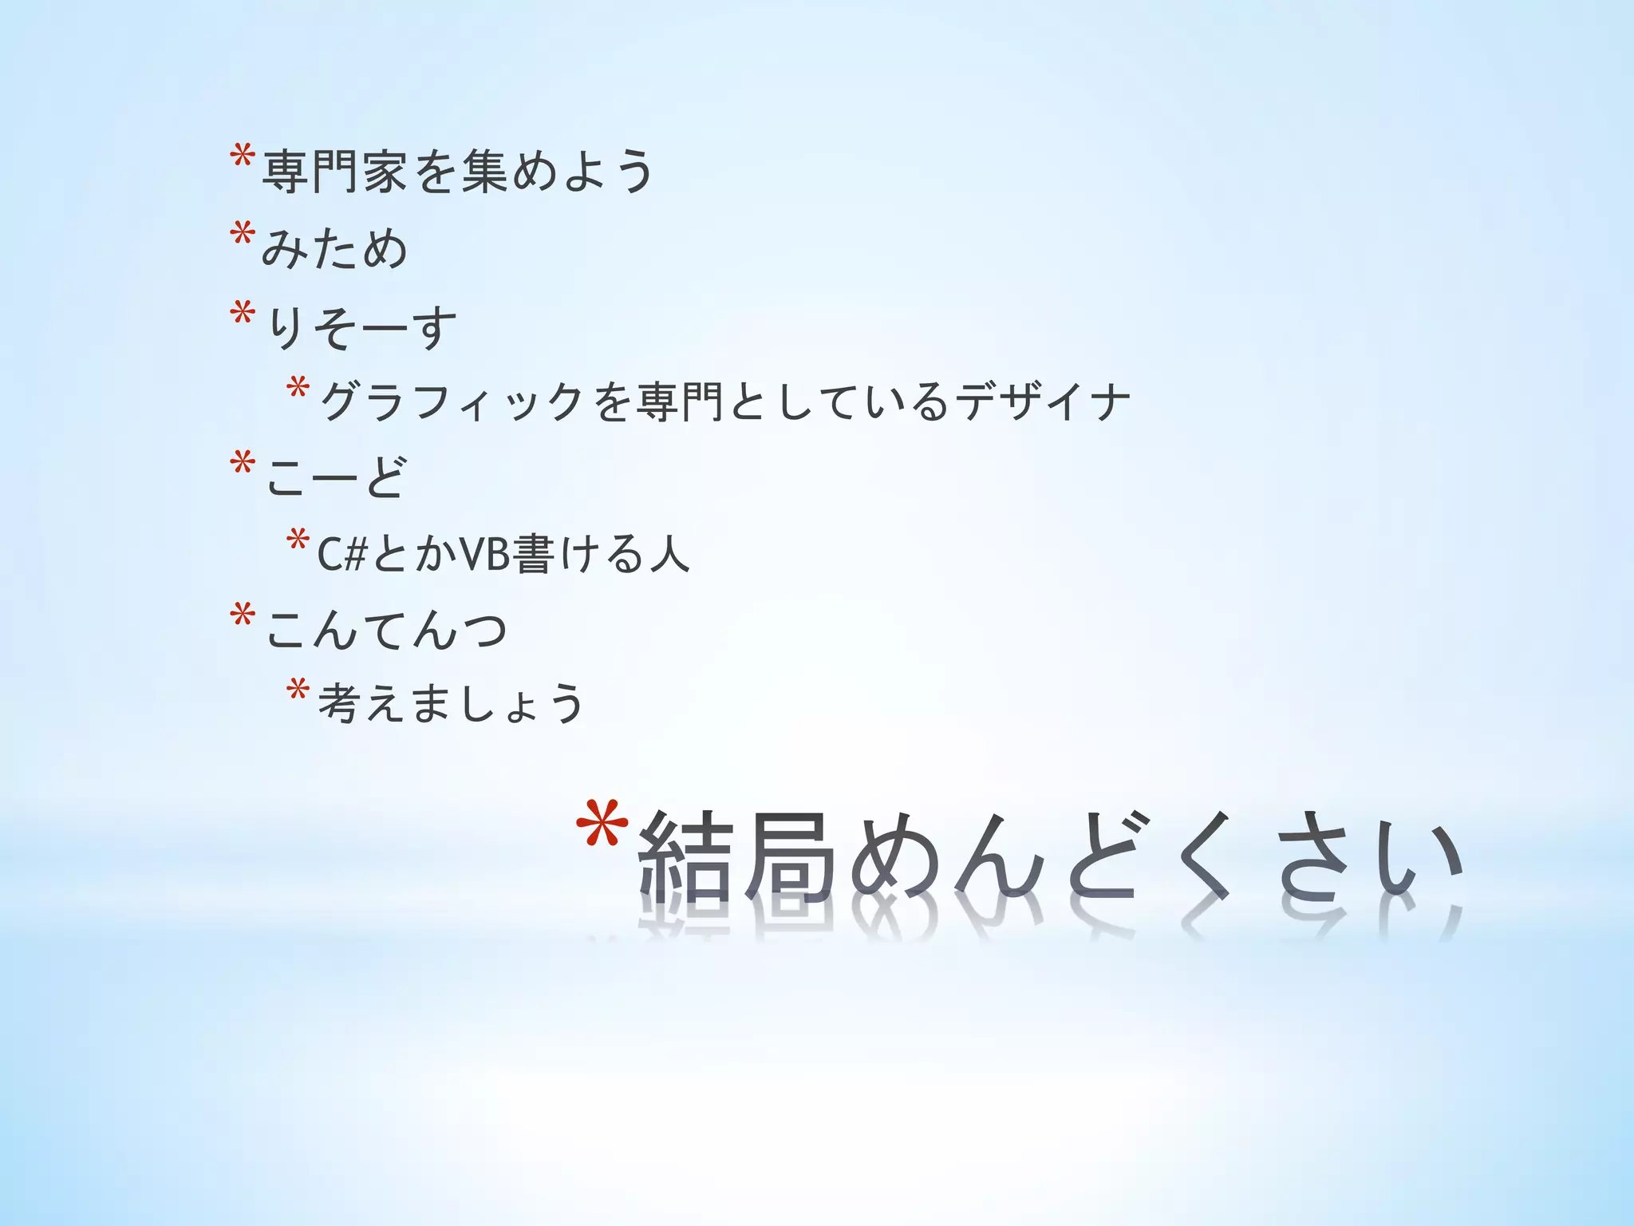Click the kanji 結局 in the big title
[735, 857]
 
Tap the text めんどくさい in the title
[1156, 859]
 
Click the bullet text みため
[334, 247]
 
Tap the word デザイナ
[1043, 401]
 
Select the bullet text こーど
[336, 477]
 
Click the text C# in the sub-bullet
[341, 553]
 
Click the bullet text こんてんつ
[386, 629]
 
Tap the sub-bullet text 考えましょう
[451, 702]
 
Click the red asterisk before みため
[242, 236]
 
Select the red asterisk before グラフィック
[298, 389]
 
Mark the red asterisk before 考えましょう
[298, 690]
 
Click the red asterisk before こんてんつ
[242, 617]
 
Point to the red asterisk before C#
[298, 540]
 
